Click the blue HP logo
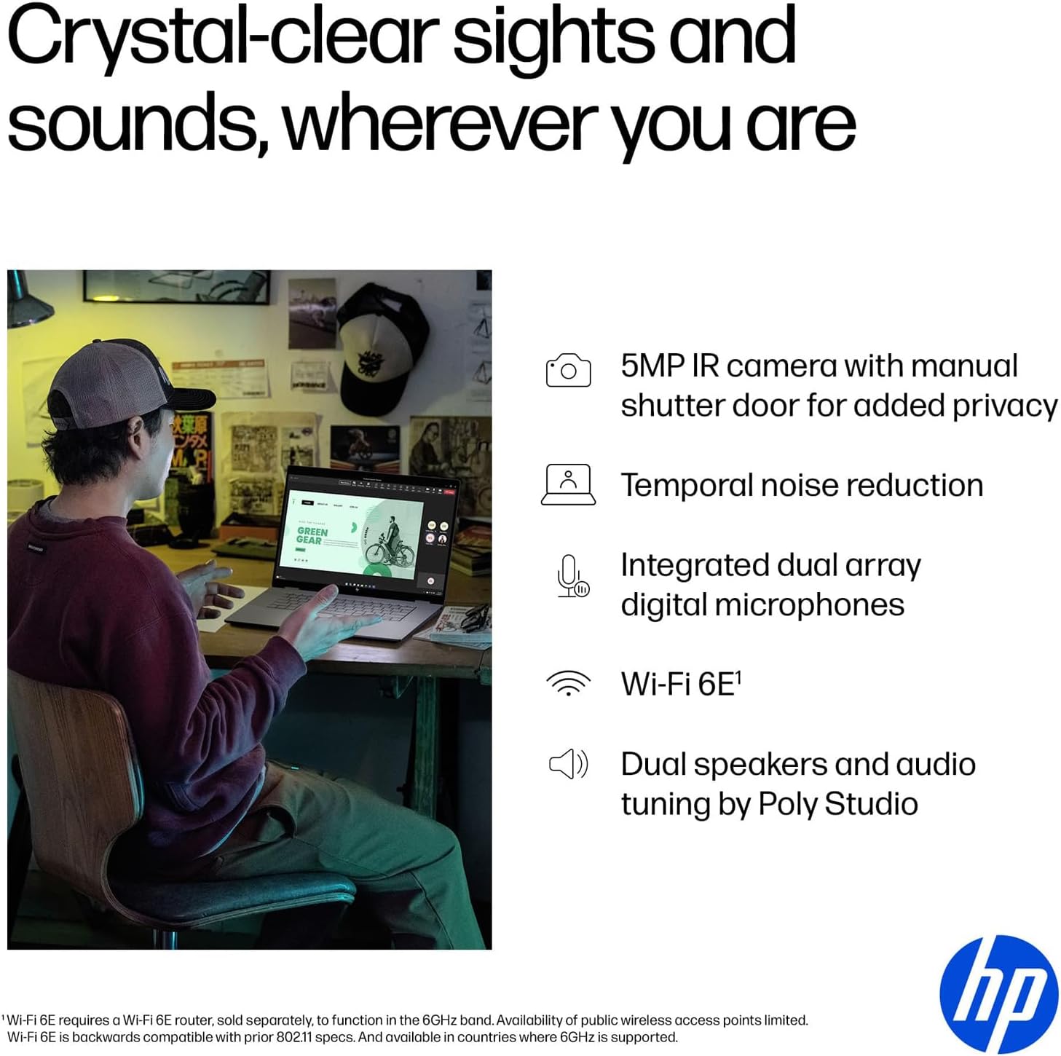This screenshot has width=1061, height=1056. (998, 993)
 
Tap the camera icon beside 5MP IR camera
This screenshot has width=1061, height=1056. (568, 371)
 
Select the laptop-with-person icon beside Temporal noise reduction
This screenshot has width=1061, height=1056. (568, 484)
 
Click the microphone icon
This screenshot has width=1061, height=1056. (571, 576)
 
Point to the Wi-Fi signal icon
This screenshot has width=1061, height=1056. (568, 683)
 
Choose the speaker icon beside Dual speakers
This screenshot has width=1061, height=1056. (568, 764)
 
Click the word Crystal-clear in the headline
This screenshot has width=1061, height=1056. (222, 36)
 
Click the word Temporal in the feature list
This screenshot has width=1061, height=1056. (685, 485)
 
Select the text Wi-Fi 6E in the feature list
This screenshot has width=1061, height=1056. (678, 684)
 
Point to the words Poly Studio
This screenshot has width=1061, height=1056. (837, 804)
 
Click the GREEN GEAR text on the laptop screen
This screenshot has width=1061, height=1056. (312, 535)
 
